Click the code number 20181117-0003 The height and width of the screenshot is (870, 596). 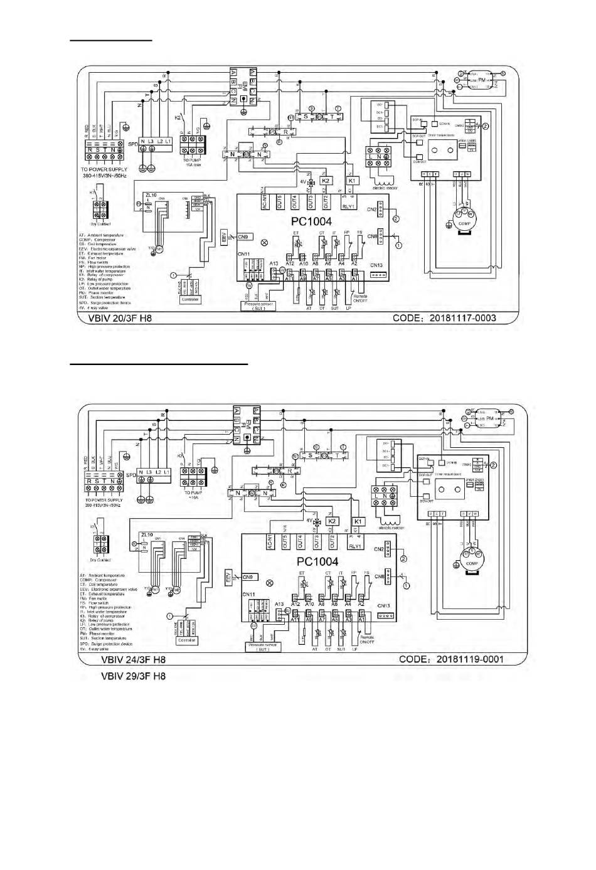462,317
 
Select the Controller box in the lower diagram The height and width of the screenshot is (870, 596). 187,640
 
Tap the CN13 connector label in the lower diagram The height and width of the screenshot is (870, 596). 384,605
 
